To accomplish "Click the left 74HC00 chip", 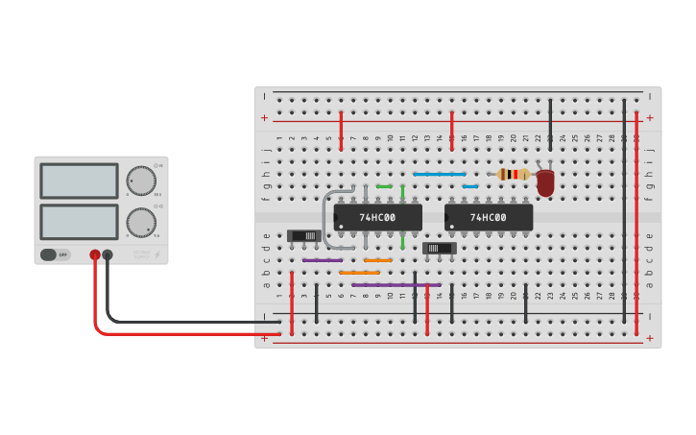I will click(377, 218).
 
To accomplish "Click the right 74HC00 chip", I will click(488, 218).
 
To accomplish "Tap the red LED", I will click(545, 181).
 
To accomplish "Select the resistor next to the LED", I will click(514, 174).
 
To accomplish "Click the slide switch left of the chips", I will click(304, 235).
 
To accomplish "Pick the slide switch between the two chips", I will click(440, 248).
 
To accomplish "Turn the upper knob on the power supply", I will click(141, 181).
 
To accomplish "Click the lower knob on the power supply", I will click(141, 223).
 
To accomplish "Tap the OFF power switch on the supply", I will click(55, 254).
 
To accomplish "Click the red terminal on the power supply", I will click(95, 254).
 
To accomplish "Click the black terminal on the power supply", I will click(108, 254).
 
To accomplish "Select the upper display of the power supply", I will click(80, 181).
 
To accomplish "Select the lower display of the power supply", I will click(80, 222).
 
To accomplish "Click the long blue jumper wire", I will click(440, 174).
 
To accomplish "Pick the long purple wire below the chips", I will click(396, 285).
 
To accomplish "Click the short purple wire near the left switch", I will click(323, 260).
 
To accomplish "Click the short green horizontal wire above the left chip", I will click(384, 186).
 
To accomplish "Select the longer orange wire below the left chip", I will click(359, 273).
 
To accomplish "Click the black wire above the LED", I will click(550, 125).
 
